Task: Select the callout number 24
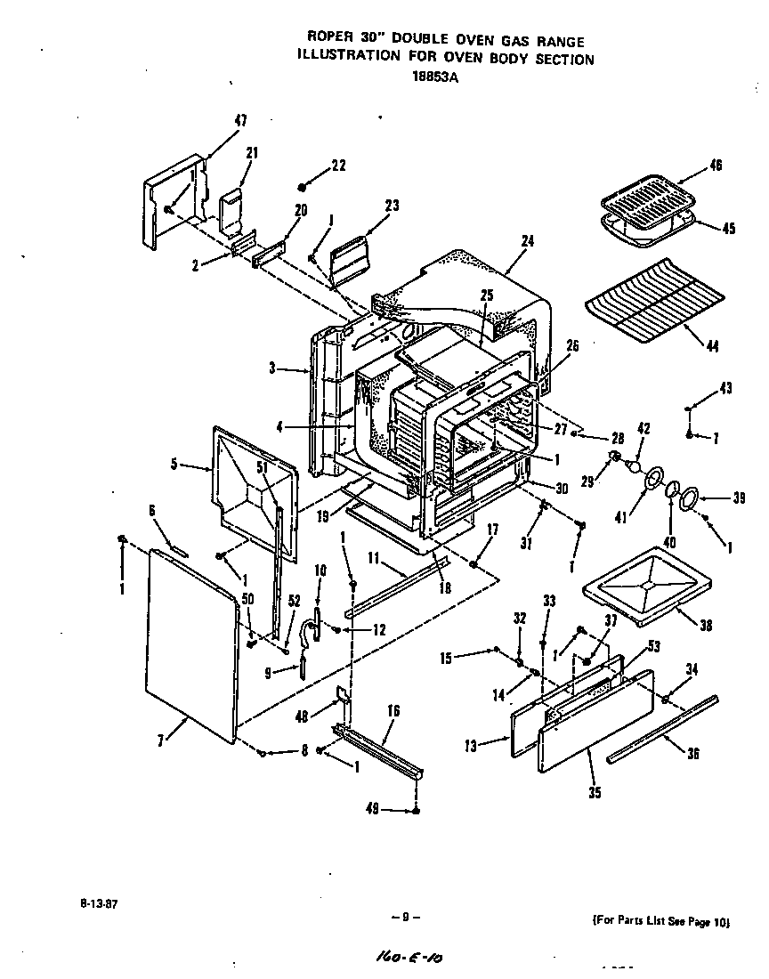527,240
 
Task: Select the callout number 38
706,626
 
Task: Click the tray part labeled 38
647,583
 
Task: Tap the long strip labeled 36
663,729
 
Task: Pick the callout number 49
372,809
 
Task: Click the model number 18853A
436,77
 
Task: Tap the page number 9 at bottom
405,917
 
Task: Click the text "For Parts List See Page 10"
661,922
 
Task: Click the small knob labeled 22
304,186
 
